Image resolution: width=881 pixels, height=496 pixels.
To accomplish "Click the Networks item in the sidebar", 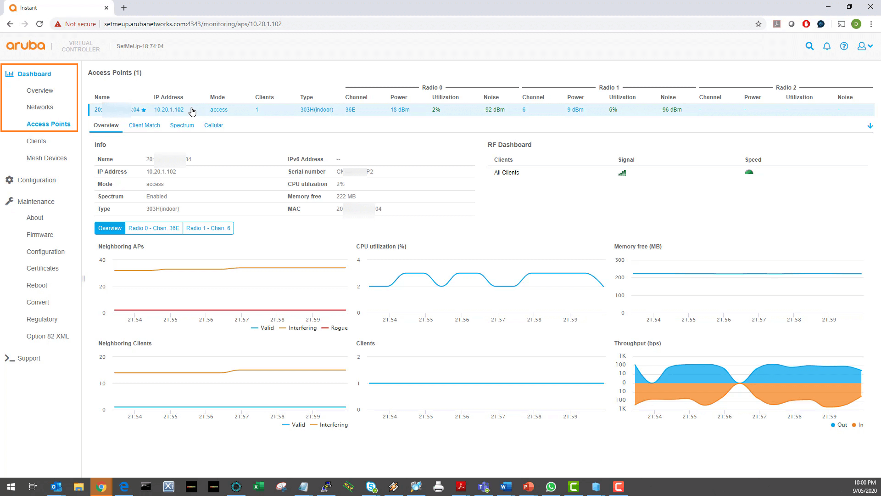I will pos(40,107).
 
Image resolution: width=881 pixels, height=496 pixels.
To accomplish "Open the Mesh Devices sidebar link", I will pos(46,158).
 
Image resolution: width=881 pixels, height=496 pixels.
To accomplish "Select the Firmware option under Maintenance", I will pos(40,235).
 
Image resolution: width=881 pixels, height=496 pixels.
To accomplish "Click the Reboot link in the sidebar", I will pos(37,285).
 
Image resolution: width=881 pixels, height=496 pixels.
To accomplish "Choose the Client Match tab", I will pos(144,125).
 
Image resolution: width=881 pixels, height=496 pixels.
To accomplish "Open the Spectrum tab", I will pos(182,125).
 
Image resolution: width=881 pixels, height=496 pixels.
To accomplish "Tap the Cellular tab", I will pos(213,125).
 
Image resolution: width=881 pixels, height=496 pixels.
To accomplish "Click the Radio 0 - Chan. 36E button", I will pos(154,228).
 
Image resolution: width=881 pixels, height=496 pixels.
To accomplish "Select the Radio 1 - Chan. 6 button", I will pos(208,228).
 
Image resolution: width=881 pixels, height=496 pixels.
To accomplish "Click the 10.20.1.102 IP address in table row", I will pos(168,110).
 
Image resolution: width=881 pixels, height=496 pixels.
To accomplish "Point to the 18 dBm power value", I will pos(400,110).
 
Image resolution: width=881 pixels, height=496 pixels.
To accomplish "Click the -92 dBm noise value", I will pos(494,110).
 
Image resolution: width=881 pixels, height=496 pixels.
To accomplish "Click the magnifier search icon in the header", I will pos(809,46).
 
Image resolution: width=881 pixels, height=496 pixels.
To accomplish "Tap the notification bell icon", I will pos(826,46).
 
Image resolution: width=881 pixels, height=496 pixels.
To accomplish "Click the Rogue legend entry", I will pos(339,328).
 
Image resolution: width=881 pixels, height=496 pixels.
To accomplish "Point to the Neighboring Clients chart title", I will pos(125,344).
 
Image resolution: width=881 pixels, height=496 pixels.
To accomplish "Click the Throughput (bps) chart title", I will pos(637,344).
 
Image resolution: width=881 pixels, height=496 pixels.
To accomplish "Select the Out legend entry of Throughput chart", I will pos(842,425).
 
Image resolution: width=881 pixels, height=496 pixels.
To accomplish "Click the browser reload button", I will pos(39,24).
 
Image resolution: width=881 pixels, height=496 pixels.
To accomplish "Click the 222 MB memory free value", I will pos(346,197).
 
